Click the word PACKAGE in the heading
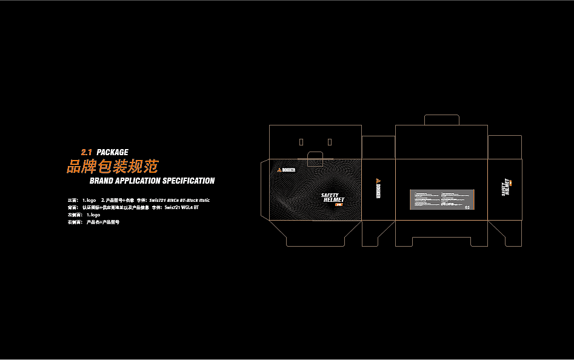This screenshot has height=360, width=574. point(112,152)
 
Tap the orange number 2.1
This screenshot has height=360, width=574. point(86,152)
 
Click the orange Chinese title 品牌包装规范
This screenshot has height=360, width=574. point(112,166)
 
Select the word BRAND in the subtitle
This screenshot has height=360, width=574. point(101,181)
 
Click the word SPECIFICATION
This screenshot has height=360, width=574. point(189,181)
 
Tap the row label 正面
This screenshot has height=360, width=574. point(73,200)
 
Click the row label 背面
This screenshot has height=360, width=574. point(73,207)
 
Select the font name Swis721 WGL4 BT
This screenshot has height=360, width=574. point(181,207)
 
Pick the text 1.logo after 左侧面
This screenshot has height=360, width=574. point(93,215)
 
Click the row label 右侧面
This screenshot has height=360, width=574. point(75,222)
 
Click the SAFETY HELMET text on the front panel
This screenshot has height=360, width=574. point(333,198)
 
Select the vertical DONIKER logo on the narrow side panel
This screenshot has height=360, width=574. point(378,188)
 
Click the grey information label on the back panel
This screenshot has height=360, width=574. point(442,199)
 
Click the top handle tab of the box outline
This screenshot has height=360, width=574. point(441,120)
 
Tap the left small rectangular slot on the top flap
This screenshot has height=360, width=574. point(301,142)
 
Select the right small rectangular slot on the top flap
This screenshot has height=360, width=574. point(330,142)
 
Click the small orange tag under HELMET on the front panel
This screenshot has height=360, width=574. point(339,204)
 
